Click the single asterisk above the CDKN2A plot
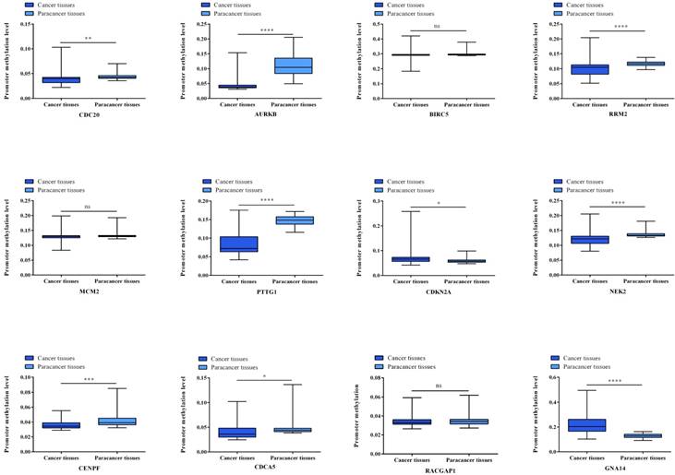click(439, 202)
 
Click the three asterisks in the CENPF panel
click(90, 378)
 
